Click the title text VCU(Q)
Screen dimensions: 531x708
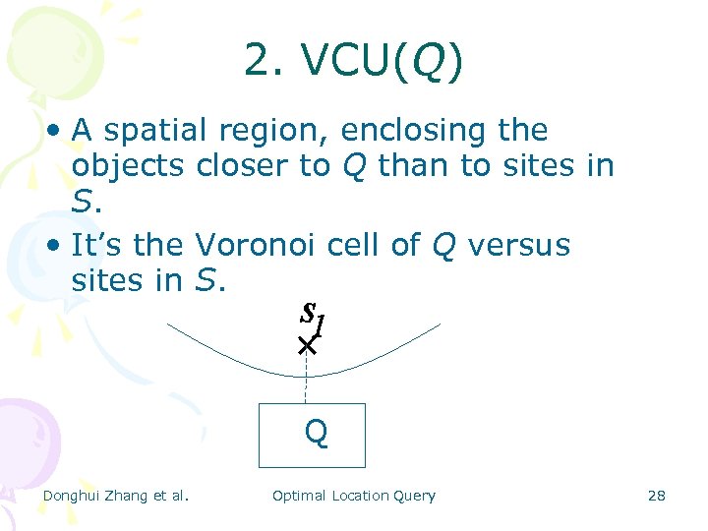(x=383, y=62)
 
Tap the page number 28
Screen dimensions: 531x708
(x=656, y=496)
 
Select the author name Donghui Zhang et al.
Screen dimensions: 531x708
(x=115, y=496)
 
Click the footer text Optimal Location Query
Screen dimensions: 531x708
(x=353, y=496)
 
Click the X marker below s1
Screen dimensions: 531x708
(x=307, y=346)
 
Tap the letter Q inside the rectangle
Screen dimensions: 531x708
(x=316, y=432)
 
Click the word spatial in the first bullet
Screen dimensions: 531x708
(x=153, y=131)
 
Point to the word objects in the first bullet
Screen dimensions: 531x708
(x=128, y=166)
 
